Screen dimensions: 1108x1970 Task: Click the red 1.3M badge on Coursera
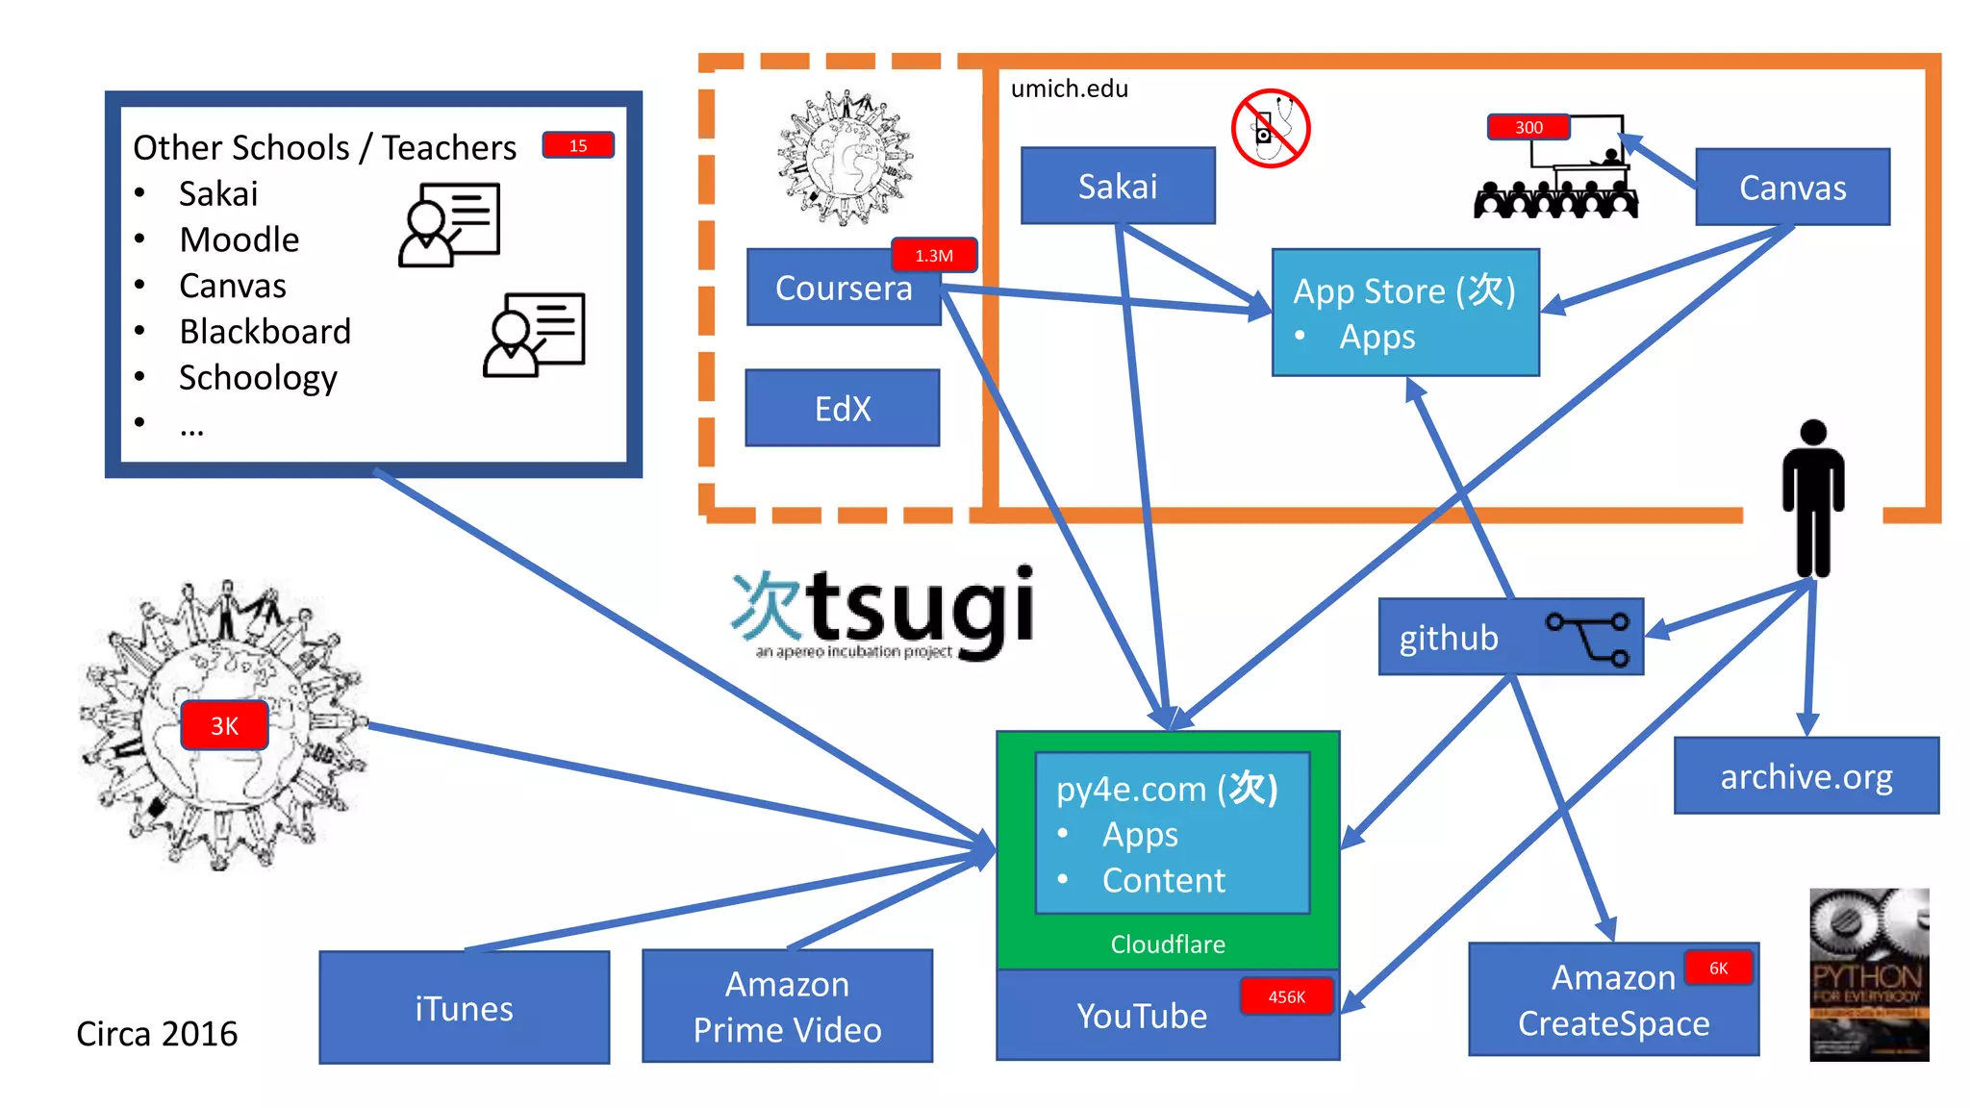[x=934, y=256]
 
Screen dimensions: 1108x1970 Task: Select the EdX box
[x=843, y=409]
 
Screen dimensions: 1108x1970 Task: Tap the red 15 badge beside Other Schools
[x=578, y=145]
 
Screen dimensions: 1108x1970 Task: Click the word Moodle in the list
[x=240, y=239]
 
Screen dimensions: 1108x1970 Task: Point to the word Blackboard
[x=265, y=332]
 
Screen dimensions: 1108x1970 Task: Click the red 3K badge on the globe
[x=224, y=726]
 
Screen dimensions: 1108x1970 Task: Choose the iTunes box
[x=464, y=1008]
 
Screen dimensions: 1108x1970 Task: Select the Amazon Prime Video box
[x=787, y=1007]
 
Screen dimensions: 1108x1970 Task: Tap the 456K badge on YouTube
[x=1286, y=997]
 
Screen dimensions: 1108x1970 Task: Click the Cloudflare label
[x=1168, y=944]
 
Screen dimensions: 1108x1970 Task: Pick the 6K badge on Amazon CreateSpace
[x=1718, y=969]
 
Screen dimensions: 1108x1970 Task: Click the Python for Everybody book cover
[x=1868, y=974]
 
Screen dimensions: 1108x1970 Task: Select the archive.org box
[x=1806, y=776]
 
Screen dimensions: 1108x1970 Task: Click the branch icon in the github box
[x=1588, y=638]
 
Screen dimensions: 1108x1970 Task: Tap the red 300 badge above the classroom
[x=1528, y=127]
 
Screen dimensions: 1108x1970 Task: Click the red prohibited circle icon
[x=1271, y=129]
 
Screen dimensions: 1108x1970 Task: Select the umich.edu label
[x=1069, y=88]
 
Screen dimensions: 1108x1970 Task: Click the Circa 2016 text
[x=157, y=1034]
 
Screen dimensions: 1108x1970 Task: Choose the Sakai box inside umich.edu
[x=1118, y=187]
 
